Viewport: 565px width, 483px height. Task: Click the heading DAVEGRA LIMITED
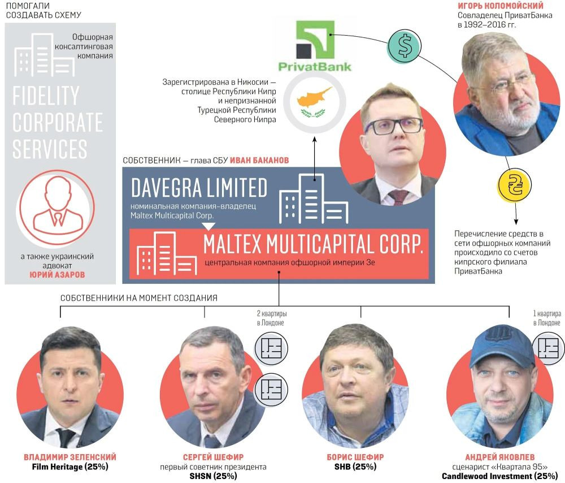(x=199, y=188)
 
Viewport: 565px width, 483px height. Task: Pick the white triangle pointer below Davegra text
(x=208, y=226)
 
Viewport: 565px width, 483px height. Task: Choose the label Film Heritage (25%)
(x=71, y=467)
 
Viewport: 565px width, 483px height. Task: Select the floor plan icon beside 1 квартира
(x=549, y=347)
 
